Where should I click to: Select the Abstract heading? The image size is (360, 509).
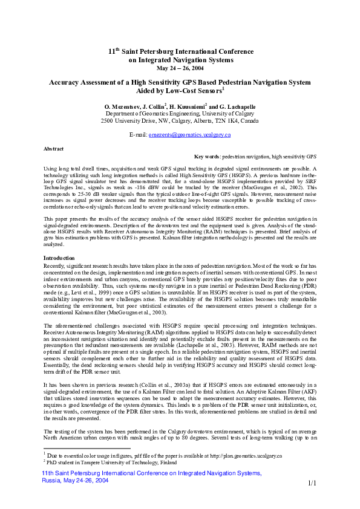(x=54, y=148)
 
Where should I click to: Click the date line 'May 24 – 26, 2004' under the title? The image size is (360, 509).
(x=180, y=68)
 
